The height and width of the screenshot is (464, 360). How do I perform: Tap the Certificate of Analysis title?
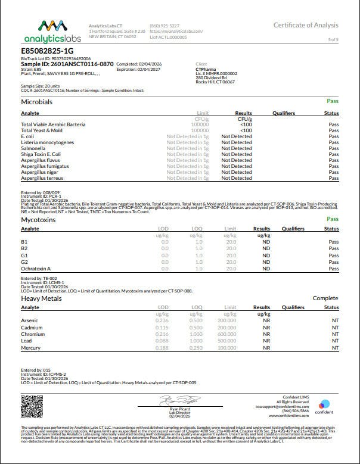[306, 25]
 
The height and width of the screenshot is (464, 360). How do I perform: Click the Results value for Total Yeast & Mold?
[246, 130]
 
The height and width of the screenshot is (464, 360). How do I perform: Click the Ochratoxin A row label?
[36, 269]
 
